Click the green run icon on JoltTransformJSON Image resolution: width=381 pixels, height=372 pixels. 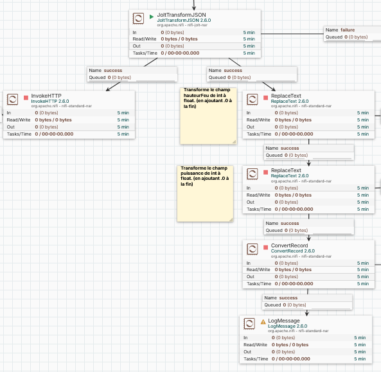pyautogui.click(x=152, y=17)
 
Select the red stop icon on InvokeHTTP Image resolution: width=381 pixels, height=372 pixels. pyautogui.click(x=26, y=98)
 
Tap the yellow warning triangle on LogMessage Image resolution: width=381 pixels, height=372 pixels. pyautogui.click(x=263, y=322)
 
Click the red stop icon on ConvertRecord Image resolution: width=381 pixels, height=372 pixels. pyautogui.click(x=266, y=247)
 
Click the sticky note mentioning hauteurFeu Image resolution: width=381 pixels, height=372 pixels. pyautogui.click(x=208, y=116)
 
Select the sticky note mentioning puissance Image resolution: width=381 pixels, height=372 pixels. pyautogui.click(x=205, y=193)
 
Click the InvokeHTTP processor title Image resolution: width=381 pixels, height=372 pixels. pyautogui.click(x=46, y=96)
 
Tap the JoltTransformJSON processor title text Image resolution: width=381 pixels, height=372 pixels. pyautogui.click(x=182, y=15)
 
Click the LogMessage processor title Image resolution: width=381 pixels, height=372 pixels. pyautogui.click(x=284, y=321)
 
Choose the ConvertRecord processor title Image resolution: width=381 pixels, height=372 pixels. pyautogui.click(x=289, y=245)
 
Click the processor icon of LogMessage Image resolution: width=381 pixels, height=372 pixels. pyautogui.click(x=249, y=324)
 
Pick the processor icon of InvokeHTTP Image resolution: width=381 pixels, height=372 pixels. pyautogui.click(x=12, y=99)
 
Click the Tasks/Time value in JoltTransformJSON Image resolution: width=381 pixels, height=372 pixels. pyautogui.click(x=180, y=53)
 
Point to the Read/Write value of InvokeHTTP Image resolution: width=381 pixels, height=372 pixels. pyautogui.click(x=53, y=120)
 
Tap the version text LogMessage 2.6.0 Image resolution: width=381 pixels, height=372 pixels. pyautogui.click(x=287, y=326)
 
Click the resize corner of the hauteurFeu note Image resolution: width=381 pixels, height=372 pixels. pyautogui.click(x=234, y=141)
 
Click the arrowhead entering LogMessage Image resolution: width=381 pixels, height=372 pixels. pyautogui.click(x=307, y=314)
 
